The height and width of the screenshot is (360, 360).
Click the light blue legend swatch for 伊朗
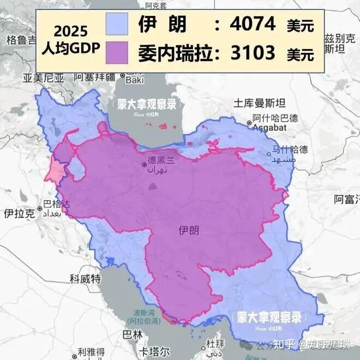[x=117, y=25]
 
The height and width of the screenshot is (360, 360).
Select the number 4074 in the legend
[x=253, y=25]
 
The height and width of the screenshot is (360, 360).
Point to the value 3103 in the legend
[x=253, y=53]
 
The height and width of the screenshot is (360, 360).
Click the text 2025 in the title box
[x=70, y=32]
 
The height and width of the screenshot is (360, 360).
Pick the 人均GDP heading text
[x=70, y=47]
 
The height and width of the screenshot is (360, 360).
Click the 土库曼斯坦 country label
[x=260, y=103]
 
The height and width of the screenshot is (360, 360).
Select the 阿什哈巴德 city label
[x=275, y=118]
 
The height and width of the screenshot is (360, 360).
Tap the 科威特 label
[x=85, y=279]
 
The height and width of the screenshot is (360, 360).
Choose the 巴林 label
[x=133, y=334]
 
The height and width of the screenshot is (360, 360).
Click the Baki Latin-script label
[x=134, y=80]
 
